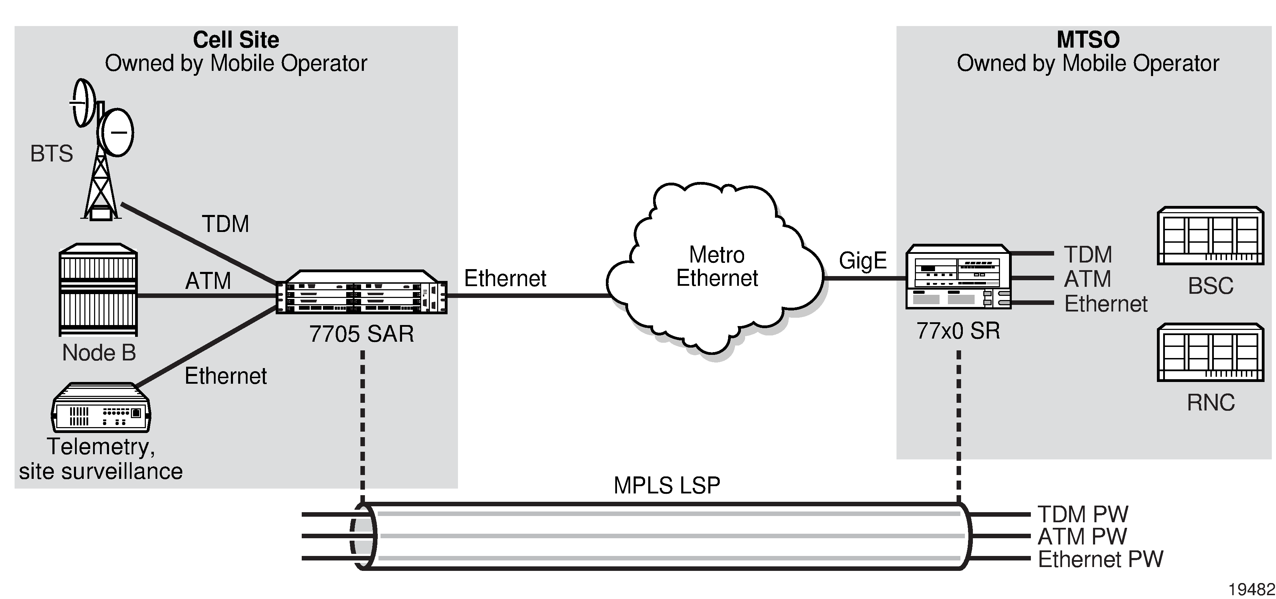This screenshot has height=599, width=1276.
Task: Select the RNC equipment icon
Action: point(1210,353)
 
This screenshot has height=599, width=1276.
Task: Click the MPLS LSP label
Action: point(667,485)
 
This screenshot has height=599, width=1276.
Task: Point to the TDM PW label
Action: point(1083,514)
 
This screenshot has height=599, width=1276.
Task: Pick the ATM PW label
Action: point(1082,536)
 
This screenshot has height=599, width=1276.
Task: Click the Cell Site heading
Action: point(236,40)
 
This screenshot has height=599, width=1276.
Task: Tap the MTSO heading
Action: point(1088,40)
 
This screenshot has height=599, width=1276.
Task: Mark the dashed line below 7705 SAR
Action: point(362,426)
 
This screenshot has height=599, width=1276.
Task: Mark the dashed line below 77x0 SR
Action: point(959,426)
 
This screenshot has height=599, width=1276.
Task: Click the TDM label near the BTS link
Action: point(225,224)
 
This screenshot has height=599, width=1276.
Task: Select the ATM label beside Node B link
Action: point(208,281)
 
